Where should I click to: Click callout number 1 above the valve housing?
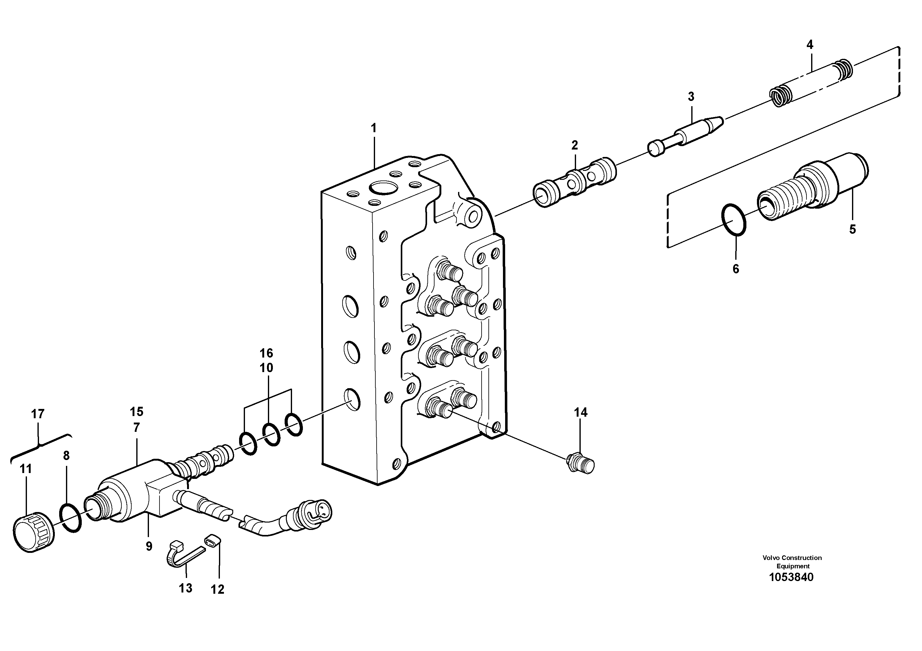374,128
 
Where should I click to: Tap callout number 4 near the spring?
810,45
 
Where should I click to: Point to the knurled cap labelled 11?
34,531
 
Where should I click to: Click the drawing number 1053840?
791,577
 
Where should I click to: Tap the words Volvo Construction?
792,558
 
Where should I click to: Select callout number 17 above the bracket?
38,414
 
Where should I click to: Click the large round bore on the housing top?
383,187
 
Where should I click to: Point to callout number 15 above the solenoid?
137,411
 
